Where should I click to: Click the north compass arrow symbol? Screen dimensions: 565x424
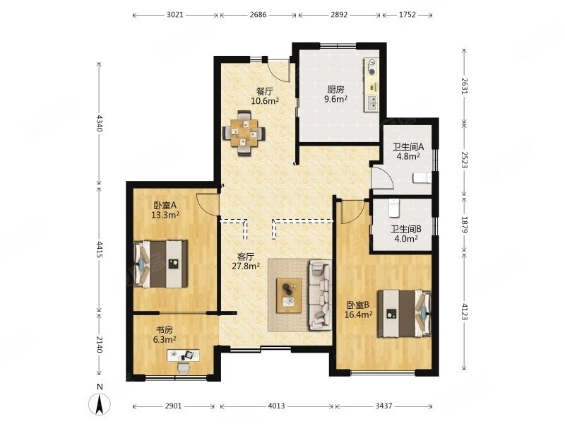pyautogui.click(x=99, y=404)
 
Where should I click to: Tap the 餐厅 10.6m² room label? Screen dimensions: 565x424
pyautogui.click(x=265, y=95)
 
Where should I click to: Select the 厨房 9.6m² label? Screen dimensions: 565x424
pyautogui.click(x=335, y=94)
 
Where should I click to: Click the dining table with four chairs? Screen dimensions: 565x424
pyautogui.click(x=244, y=133)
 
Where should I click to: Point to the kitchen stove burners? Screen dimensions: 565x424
pyautogui.click(x=371, y=68)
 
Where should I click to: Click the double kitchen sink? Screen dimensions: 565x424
pyautogui.click(x=373, y=102)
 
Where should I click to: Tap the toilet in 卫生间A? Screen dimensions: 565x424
pyautogui.click(x=422, y=178)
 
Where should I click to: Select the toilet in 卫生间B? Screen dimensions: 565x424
pyautogui.click(x=394, y=208)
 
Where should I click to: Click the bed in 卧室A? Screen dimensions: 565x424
pyautogui.click(x=161, y=264)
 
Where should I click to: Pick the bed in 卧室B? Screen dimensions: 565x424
pyautogui.click(x=404, y=314)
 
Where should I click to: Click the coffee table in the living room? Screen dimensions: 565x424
pyautogui.click(x=289, y=295)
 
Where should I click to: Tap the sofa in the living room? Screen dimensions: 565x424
pyautogui.click(x=320, y=295)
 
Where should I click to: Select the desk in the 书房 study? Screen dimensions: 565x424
pyautogui.click(x=183, y=355)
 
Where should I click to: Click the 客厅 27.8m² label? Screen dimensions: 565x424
pyautogui.click(x=246, y=261)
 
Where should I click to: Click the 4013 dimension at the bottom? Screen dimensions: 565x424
pyautogui.click(x=276, y=406)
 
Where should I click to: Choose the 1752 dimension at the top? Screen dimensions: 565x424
pyautogui.click(x=408, y=15)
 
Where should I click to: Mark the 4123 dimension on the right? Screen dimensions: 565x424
pyautogui.click(x=464, y=312)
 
